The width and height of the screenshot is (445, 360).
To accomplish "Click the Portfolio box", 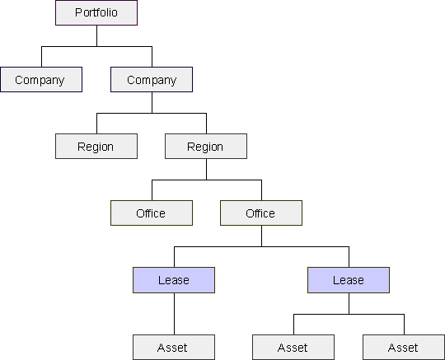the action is [x=96, y=12].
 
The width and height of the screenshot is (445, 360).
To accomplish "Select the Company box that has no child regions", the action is [x=41, y=79].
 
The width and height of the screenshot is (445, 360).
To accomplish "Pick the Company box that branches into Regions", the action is [x=152, y=79].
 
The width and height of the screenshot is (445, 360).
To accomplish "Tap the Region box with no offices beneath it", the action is [x=96, y=147].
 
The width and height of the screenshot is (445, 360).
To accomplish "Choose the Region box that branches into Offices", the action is [x=206, y=147].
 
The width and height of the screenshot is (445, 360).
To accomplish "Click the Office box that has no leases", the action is [x=152, y=213].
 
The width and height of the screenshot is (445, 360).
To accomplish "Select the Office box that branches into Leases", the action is [x=261, y=213].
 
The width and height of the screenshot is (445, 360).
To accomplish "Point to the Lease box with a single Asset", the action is [x=174, y=280].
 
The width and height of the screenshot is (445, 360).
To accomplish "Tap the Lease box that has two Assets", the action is [x=349, y=280].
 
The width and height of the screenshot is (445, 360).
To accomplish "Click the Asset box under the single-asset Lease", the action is [x=174, y=348].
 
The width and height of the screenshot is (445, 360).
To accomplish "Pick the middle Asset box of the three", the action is [x=293, y=348].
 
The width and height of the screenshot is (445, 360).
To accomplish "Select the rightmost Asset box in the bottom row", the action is [x=404, y=348].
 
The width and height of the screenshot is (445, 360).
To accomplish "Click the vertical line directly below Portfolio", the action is [x=96, y=35].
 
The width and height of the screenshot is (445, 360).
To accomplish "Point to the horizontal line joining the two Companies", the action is [x=96, y=46].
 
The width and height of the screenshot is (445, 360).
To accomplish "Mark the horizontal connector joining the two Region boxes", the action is [x=152, y=114].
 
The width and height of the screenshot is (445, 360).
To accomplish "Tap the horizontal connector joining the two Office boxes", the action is [x=207, y=180].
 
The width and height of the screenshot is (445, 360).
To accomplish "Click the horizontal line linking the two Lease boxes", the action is [x=261, y=247].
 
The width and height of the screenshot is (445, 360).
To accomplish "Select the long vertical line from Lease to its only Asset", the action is [x=174, y=314].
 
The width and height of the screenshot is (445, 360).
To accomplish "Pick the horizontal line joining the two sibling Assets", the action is [x=349, y=315].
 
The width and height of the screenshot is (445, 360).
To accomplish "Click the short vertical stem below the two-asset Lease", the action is [x=349, y=303].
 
